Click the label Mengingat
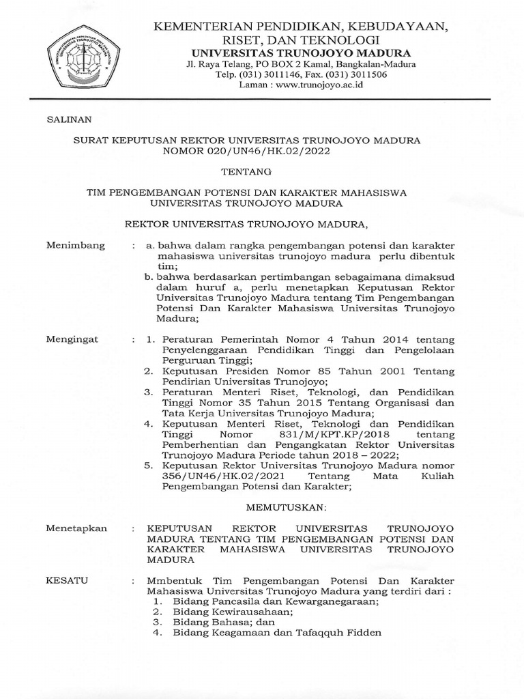coord(72,339)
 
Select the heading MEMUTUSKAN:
coord(276,508)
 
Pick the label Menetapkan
coord(76,528)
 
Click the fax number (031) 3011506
coord(360,74)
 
